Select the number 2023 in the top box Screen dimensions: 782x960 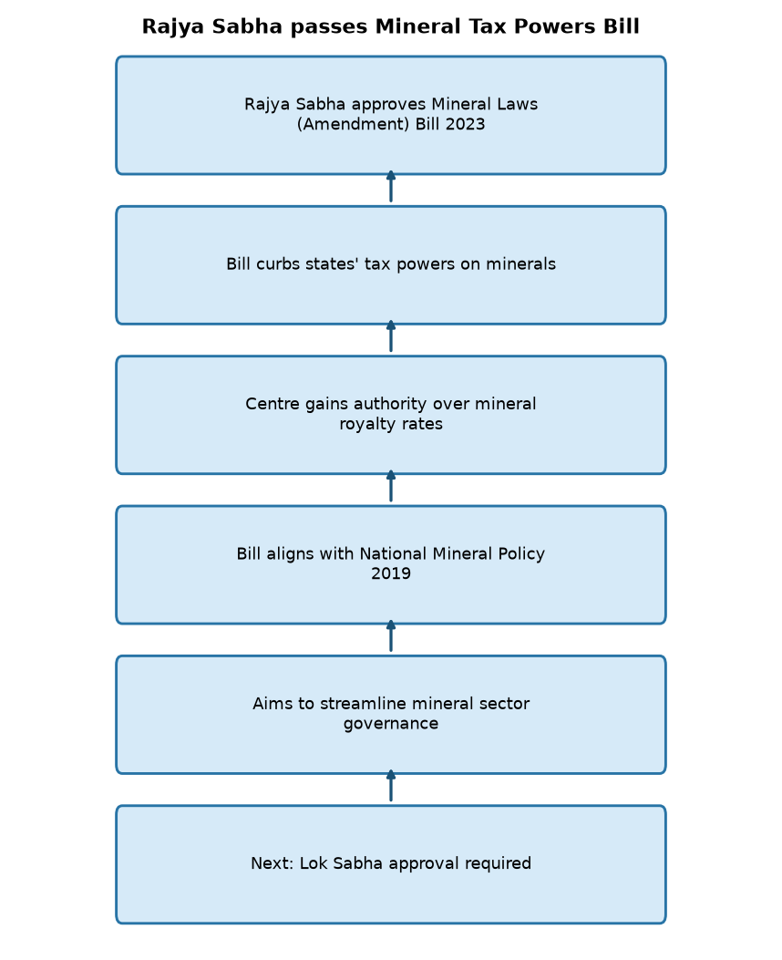(x=465, y=124)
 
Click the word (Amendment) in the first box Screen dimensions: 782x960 (x=353, y=124)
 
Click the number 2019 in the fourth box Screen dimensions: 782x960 (x=391, y=573)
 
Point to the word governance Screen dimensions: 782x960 (x=391, y=724)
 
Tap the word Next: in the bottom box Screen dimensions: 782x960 (x=273, y=863)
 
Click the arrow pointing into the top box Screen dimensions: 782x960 (x=391, y=186)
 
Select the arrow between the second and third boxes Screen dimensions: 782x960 (x=391, y=336)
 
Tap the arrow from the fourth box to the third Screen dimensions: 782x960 (x=391, y=486)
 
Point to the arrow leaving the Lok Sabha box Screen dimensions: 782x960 (x=391, y=786)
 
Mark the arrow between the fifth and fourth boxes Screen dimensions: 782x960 (x=391, y=636)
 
